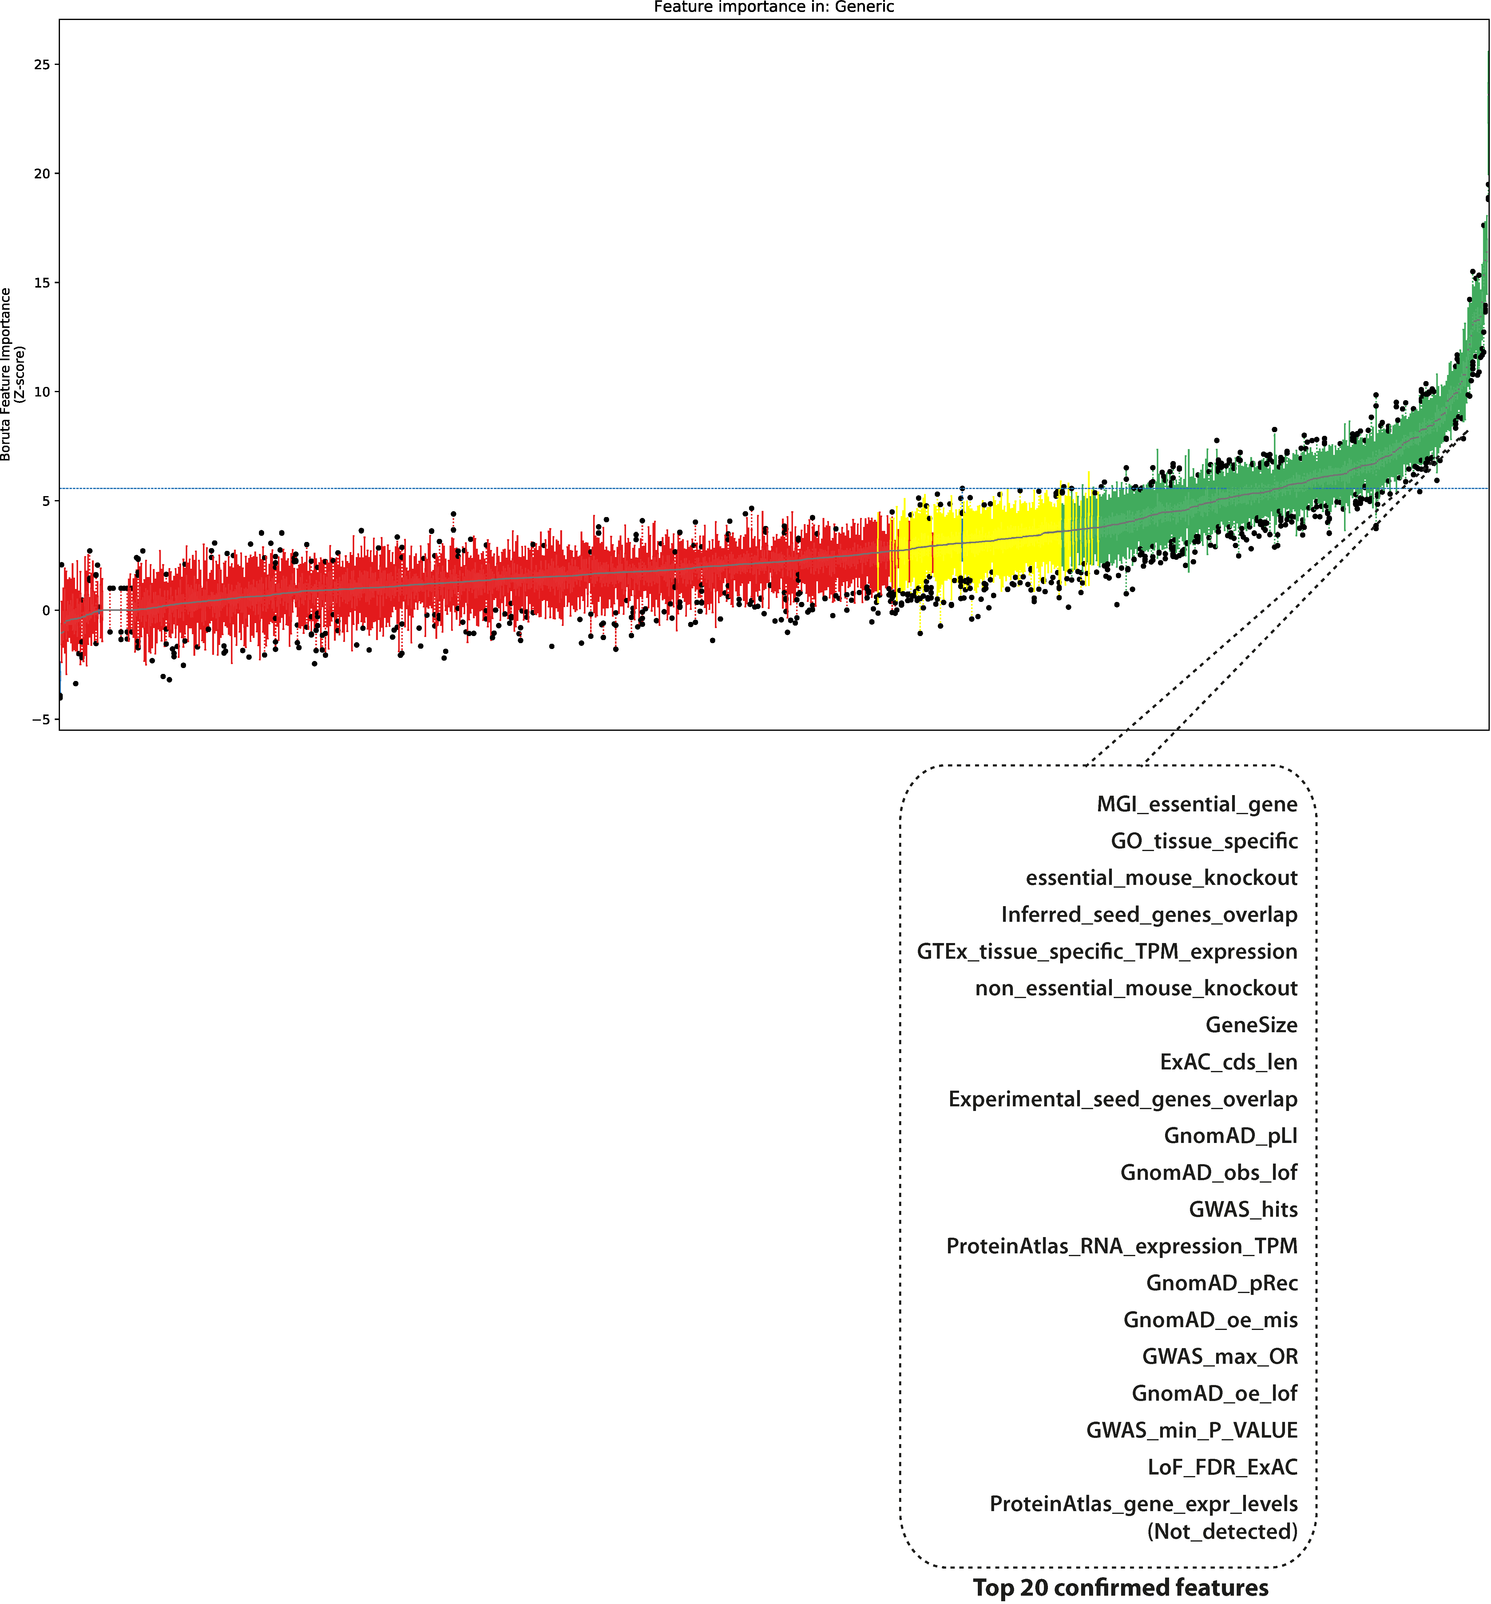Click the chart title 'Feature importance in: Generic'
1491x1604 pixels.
pos(774,7)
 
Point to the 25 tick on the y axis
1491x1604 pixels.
pos(41,65)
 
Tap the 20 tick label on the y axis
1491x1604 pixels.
pos(41,173)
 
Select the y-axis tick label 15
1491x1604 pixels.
pos(41,282)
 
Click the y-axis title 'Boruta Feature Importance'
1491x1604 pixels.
pos(6,374)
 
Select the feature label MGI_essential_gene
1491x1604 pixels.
pos(1196,804)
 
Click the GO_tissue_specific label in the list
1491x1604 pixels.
pos(1204,842)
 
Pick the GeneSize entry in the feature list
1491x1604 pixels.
pos(1251,1025)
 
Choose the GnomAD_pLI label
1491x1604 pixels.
pos(1230,1136)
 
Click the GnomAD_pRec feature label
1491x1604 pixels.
pos(1222,1283)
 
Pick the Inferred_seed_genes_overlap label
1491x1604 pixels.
pos(1149,915)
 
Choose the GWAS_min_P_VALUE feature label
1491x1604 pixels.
pos(1192,1431)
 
